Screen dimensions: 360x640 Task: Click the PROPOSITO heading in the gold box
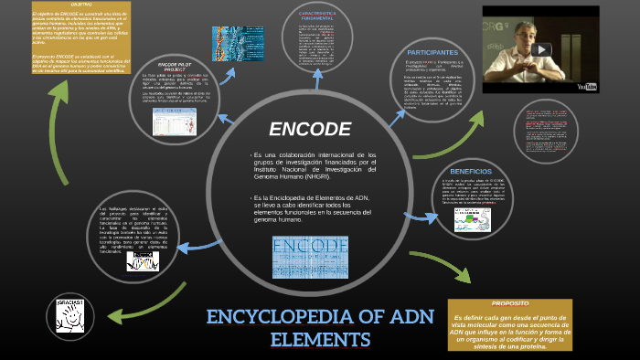click(x=509, y=303)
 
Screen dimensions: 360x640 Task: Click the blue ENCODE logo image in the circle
click(x=310, y=257)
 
